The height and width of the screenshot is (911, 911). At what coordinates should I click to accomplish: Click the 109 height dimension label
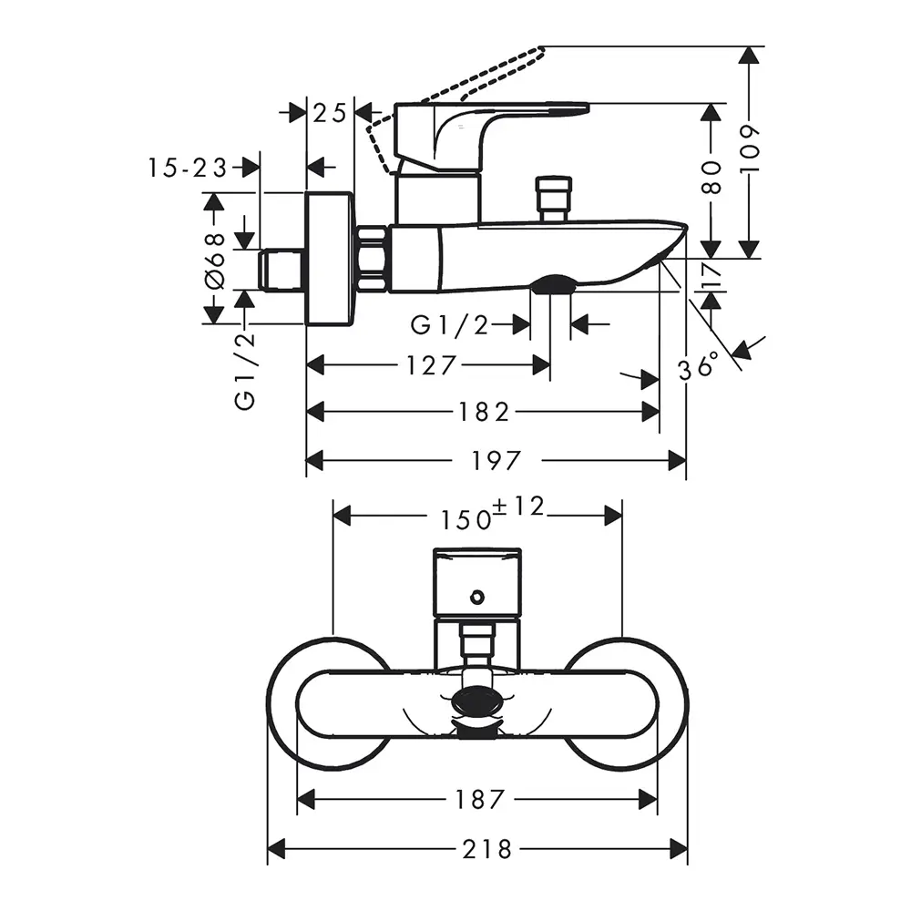click(x=750, y=148)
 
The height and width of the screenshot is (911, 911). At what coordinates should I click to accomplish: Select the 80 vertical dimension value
click(x=711, y=178)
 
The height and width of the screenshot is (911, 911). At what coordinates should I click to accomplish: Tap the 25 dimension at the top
click(x=330, y=113)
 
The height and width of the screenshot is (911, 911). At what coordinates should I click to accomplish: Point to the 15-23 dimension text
click(x=187, y=168)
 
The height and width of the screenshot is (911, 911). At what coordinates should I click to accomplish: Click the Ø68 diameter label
click(x=214, y=261)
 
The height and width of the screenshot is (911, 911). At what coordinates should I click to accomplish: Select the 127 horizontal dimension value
click(x=431, y=366)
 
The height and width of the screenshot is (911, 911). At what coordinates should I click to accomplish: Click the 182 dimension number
click(x=484, y=413)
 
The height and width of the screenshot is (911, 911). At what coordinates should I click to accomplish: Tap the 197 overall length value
click(x=496, y=461)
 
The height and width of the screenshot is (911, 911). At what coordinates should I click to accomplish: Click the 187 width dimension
click(x=479, y=800)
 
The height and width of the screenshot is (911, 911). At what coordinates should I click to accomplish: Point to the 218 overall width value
click(x=486, y=849)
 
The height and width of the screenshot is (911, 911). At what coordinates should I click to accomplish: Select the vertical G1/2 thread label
click(x=244, y=372)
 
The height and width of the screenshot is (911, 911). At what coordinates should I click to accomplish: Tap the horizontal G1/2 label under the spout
click(x=450, y=325)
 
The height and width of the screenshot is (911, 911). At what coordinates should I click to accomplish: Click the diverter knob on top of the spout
click(x=555, y=200)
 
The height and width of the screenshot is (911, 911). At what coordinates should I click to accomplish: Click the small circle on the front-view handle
click(x=477, y=597)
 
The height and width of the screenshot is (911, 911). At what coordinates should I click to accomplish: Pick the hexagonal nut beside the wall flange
click(x=373, y=259)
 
